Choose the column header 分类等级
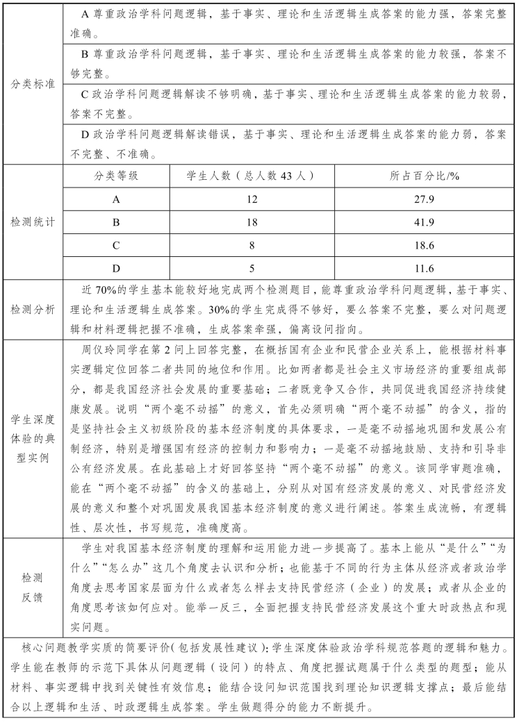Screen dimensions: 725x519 [x=116, y=176]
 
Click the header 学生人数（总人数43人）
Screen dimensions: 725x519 [x=251, y=176]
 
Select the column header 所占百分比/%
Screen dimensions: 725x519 [x=425, y=176]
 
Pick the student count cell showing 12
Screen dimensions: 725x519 [x=251, y=199]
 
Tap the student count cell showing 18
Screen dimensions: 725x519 [x=251, y=222]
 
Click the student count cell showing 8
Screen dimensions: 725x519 [x=251, y=245]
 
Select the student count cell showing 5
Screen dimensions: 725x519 [x=251, y=268]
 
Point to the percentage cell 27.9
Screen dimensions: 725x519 [x=425, y=199]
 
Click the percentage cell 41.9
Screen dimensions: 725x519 [x=425, y=222]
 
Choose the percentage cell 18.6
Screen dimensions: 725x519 [x=425, y=245]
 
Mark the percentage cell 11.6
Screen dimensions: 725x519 [x=425, y=268]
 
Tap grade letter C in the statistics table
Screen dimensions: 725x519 [x=116, y=245]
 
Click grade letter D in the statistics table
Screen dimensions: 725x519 [x=116, y=268]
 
